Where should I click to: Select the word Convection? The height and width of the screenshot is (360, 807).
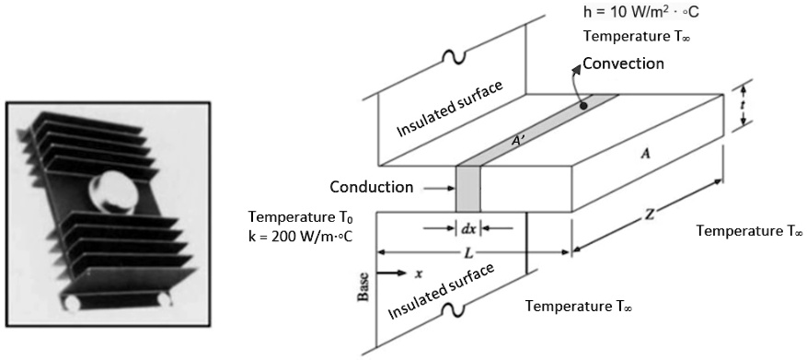point(623,64)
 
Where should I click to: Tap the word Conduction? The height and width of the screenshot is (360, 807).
point(372,187)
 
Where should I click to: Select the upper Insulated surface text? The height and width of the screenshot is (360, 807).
point(450,109)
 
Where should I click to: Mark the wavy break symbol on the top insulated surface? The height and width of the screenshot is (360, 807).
point(451,55)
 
